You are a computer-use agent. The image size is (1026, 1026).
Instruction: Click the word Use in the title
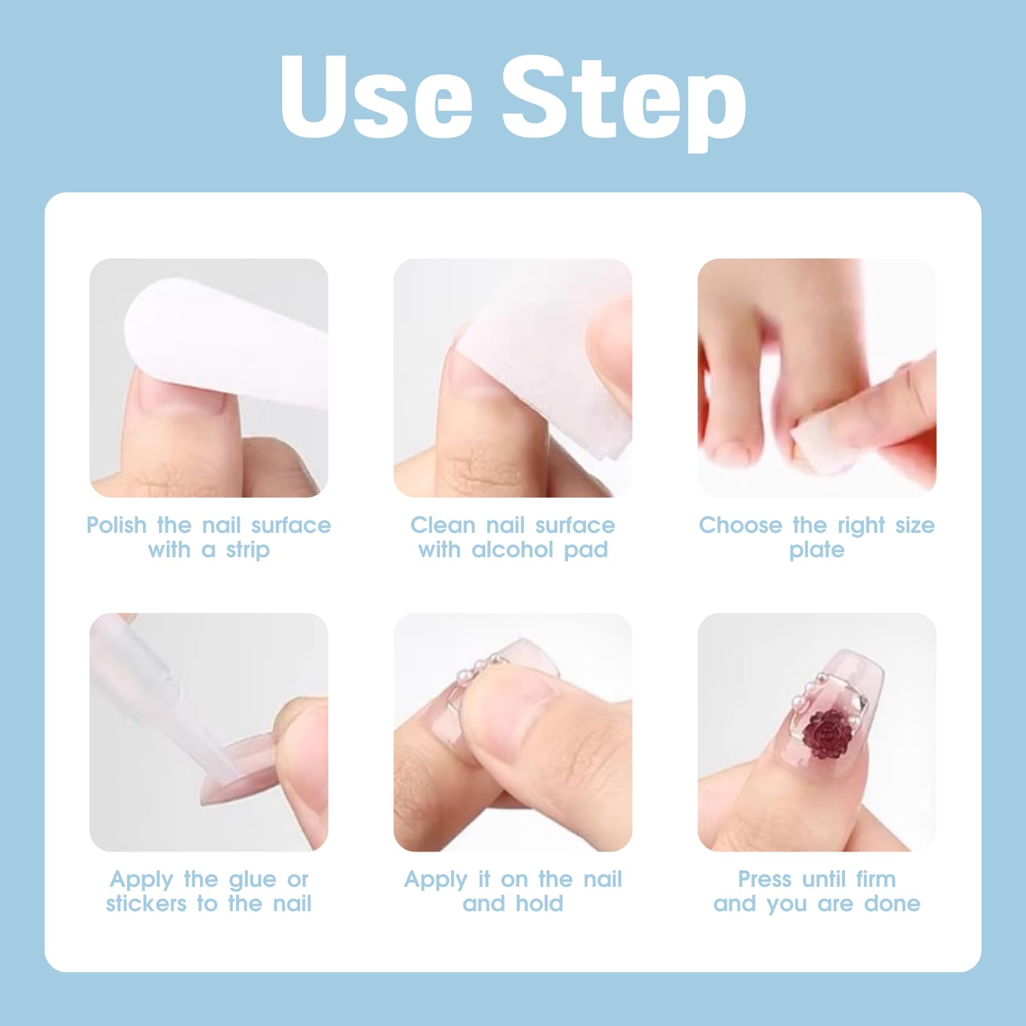pos(377,96)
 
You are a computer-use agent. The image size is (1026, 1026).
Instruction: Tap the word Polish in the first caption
pos(117,525)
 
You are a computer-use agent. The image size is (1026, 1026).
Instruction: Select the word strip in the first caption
pos(248,550)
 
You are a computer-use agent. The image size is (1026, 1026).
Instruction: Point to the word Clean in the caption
pos(443,525)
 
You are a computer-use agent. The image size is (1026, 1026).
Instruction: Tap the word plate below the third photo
pos(817,550)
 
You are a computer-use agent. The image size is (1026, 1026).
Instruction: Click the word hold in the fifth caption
pos(539,904)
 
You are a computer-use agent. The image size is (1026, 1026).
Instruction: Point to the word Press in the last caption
pos(764,879)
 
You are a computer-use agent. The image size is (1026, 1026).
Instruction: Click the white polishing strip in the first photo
pos(224,346)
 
